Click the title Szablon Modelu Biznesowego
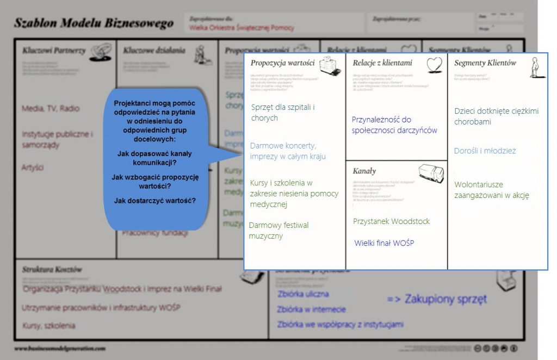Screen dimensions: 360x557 [94, 23]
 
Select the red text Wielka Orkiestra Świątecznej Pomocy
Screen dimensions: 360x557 [242, 27]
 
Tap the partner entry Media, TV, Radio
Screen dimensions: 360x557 [51, 108]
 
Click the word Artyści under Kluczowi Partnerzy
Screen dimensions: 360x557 [33, 167]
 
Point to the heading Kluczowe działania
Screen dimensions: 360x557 [154, 51]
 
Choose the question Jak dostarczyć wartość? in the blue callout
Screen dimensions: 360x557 [155, 201]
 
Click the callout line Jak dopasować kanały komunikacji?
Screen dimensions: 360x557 [154, 158]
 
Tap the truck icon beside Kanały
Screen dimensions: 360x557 [431, 173]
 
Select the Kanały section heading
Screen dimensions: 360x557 [364, 171]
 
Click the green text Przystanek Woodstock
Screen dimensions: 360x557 [391, 221]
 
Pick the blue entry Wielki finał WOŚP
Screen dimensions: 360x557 [384, 243]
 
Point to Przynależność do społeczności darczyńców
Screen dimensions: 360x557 [394, 125]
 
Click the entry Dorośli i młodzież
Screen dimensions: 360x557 [485, 151]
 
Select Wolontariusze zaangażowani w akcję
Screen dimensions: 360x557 [492, 190]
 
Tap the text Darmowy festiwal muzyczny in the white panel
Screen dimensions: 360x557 [278, 231]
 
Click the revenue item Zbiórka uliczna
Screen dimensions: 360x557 [303, 294]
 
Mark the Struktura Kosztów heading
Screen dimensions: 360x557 [52, 269]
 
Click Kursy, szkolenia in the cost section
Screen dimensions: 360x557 [49, 326]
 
